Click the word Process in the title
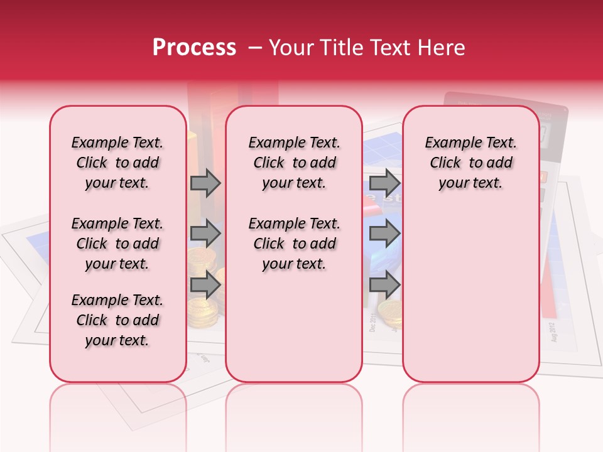[193, 48]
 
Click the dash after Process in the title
[252, 48]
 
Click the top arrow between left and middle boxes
[205, 183]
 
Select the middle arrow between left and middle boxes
[205, 234]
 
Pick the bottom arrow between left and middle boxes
[205, 284]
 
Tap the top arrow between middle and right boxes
[384, 183]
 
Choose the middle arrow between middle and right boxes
[384, 234]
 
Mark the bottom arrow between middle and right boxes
[384, 284]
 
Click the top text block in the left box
[117, 163]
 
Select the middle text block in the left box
[117, 244]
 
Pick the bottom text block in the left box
[117, 320]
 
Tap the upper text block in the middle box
[294, 163]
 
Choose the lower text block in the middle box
[294, 244]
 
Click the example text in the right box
[470, 163]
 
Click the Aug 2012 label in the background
[553, 331]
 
